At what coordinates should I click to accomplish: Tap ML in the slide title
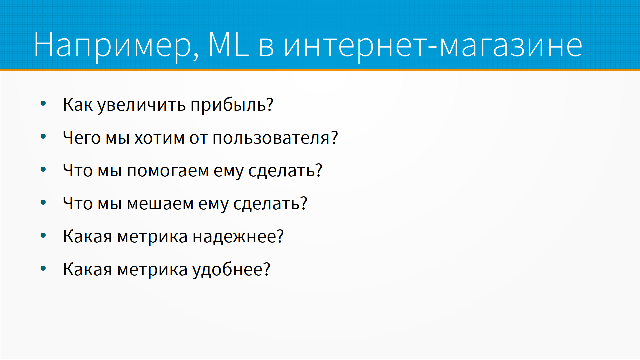228,44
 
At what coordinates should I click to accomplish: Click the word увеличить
142,105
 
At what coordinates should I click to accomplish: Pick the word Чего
82,138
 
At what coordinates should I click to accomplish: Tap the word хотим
160,138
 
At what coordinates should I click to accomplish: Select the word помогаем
168,171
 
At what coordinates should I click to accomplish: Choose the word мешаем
160,204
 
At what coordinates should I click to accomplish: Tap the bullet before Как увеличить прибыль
43,103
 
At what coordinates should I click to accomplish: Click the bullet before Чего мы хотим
43,136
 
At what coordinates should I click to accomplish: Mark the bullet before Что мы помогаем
43,169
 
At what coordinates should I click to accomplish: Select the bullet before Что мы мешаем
43,202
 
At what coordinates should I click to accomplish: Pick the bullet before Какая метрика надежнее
43,235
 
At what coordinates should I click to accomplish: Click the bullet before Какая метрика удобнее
43,268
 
